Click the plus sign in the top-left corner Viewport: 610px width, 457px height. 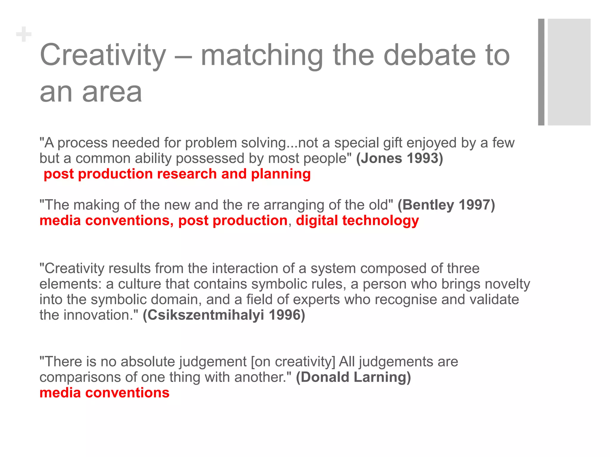(x=24, y=35)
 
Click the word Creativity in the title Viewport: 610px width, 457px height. (x=103, y=55)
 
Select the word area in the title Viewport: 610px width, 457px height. (x=112, y=92)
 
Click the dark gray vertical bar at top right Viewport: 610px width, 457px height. (x=541, y=72)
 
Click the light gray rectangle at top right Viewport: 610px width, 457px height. (x=569, y=72)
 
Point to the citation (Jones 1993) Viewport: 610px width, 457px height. (x=399, y=158)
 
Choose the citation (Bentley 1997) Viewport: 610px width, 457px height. (x=446, y=205)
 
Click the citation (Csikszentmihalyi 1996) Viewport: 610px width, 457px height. (x=224, y=315)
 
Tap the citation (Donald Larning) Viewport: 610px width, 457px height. (x=353, y=377)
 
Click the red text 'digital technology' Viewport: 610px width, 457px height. (x=357, y=221)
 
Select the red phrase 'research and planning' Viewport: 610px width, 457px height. (x=234, y=174)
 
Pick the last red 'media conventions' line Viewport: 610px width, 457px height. (x=104, y=393)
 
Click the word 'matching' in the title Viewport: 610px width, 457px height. (x=262, y=55)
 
